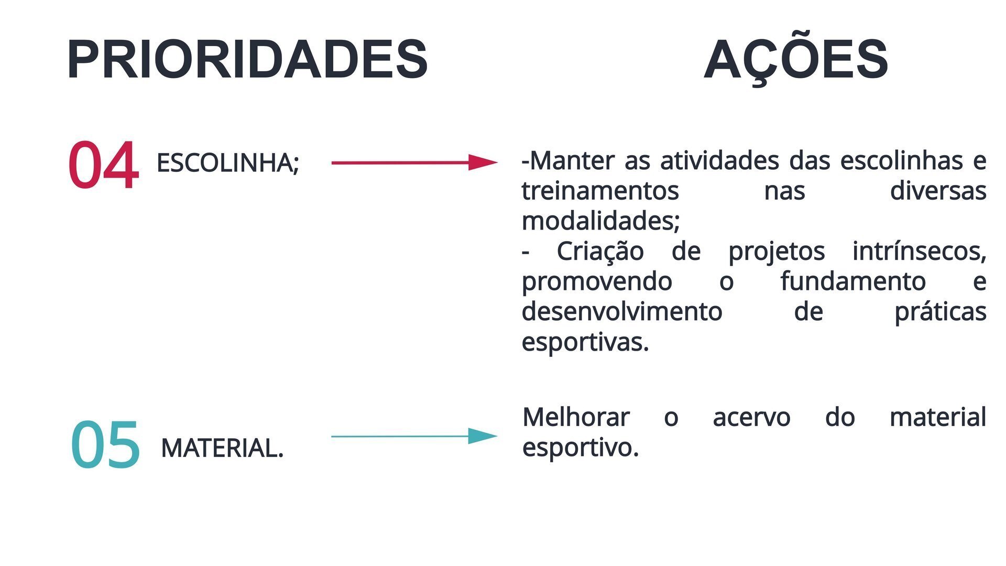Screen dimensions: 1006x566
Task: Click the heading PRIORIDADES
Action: [x=247, y=59]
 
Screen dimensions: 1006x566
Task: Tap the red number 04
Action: [x=103, y=165]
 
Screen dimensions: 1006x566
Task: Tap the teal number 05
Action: [x=105, y=444]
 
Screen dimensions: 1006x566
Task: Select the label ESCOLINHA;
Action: [x=227, y=163]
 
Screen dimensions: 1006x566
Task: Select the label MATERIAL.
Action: [x=222, y=448]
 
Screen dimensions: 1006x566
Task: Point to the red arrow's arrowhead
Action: [x=483, y=162]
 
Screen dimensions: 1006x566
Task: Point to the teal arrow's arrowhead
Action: [x=483, y=436]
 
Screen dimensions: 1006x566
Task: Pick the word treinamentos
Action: [x=600, y=191]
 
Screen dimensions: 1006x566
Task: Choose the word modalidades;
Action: [x=601, y=221]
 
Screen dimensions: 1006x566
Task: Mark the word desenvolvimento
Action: [x=622, y=312]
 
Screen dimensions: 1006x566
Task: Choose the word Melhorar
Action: [x=576, y=418]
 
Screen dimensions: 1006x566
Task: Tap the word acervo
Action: [x=751, y=418]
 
